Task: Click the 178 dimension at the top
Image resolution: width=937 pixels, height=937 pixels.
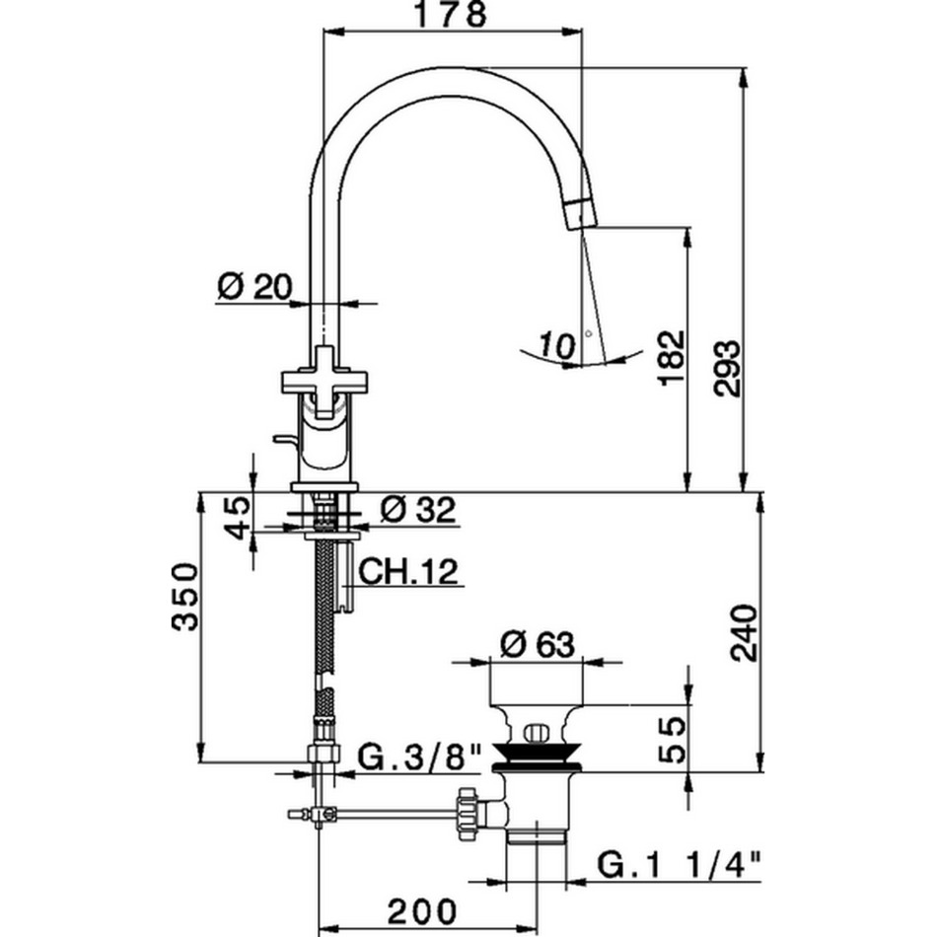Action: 451,15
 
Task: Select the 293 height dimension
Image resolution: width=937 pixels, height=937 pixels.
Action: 728,369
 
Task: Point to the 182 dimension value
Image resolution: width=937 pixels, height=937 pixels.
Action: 672,357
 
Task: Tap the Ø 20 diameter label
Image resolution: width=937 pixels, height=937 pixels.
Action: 255,286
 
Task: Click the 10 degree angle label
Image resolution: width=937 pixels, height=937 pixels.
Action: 557,345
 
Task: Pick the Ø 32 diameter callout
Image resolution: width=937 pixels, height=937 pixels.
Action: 418,509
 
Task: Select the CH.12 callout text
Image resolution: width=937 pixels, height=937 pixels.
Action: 408,571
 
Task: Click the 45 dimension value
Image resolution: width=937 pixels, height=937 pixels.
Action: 238,518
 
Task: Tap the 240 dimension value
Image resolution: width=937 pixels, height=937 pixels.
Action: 745,633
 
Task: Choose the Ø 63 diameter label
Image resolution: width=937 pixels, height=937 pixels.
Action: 537,644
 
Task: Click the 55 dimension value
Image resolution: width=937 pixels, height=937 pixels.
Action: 672,740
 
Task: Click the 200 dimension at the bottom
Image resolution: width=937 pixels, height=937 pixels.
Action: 422,912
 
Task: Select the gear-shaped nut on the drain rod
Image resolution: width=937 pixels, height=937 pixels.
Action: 468,814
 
